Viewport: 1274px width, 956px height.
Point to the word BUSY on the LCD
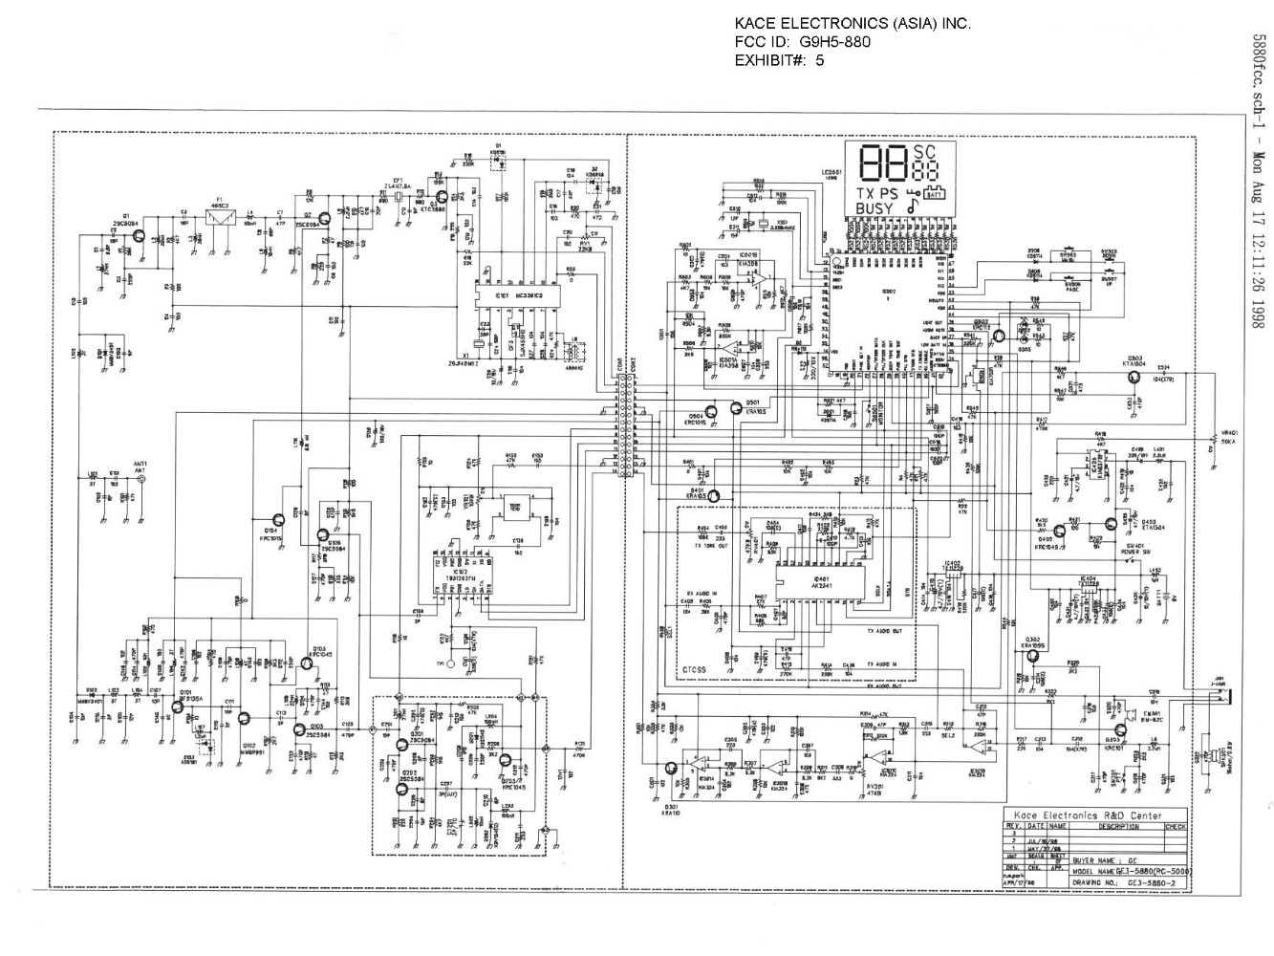pyautogui.click(x=875, y=208)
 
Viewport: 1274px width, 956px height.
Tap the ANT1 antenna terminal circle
pyautogui.click(x=142, y=484)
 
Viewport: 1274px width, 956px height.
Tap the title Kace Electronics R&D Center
pyautogui.click(x=1094, y=815)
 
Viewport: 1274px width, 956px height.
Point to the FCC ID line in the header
pyautogui.click(x=802, y=41)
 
